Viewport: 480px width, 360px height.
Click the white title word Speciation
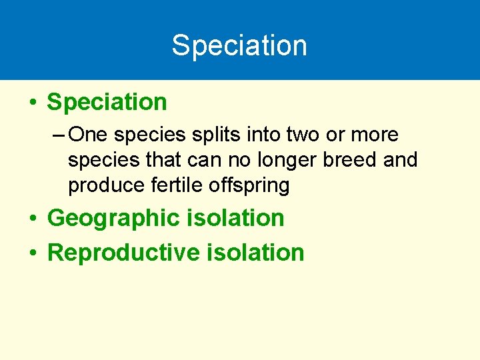click(x=239, y=45)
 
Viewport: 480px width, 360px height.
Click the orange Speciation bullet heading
click(x=107, y=102)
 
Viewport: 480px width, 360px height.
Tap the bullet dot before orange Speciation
click(x=32, y=103)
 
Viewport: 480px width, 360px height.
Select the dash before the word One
click(x=57, y=135)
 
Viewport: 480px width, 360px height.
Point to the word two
click(x=301, y=135)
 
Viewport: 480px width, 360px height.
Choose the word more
click(x=375, y=135)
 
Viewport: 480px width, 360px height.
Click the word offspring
click(x=249, y=186)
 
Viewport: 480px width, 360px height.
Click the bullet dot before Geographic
click(x=32, y=219)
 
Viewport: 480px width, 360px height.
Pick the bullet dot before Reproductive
click(x=32, y=254)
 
